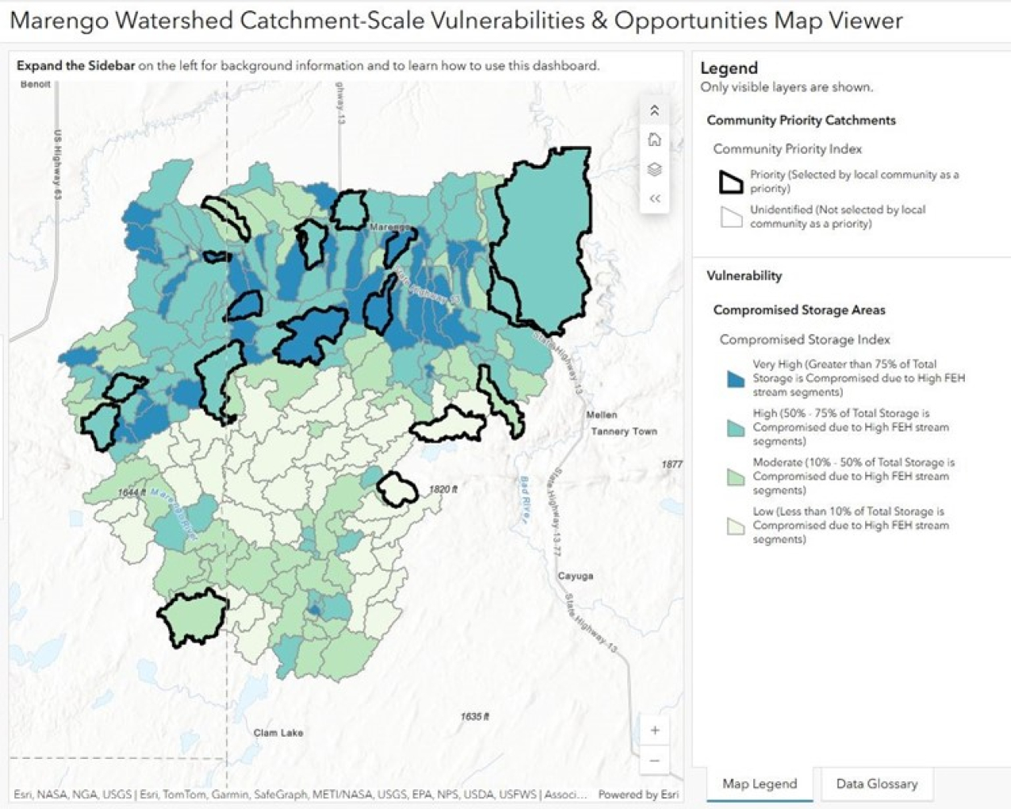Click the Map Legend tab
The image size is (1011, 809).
[x=759, y=784]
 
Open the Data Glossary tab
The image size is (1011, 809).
[x=876, y=784]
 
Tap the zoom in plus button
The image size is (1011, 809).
[x=655, y=730]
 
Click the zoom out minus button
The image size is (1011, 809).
[x=655, y=761]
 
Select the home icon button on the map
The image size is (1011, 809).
[x=654, y=140]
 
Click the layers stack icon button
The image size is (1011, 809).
[x=654, y=170]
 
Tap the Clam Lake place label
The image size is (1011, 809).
[x=278, y=733]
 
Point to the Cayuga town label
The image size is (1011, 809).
[x=575, y=576]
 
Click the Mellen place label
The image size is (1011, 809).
[x=601, y=415]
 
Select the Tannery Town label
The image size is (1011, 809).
[x=623, y=431]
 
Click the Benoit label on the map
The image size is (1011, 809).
[x=36, y=84]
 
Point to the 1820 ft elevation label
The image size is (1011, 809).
[x=443, y=489]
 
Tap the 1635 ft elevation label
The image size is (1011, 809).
[x=474, y=717]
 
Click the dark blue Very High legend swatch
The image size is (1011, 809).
[x=735, y=378]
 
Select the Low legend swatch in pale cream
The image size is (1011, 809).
[x=735, y=526]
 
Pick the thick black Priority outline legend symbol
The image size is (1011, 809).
[x=730, y=182]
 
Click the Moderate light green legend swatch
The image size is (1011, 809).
[x=735, y=477]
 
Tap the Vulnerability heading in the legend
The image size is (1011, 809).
[x=744, y=276]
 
